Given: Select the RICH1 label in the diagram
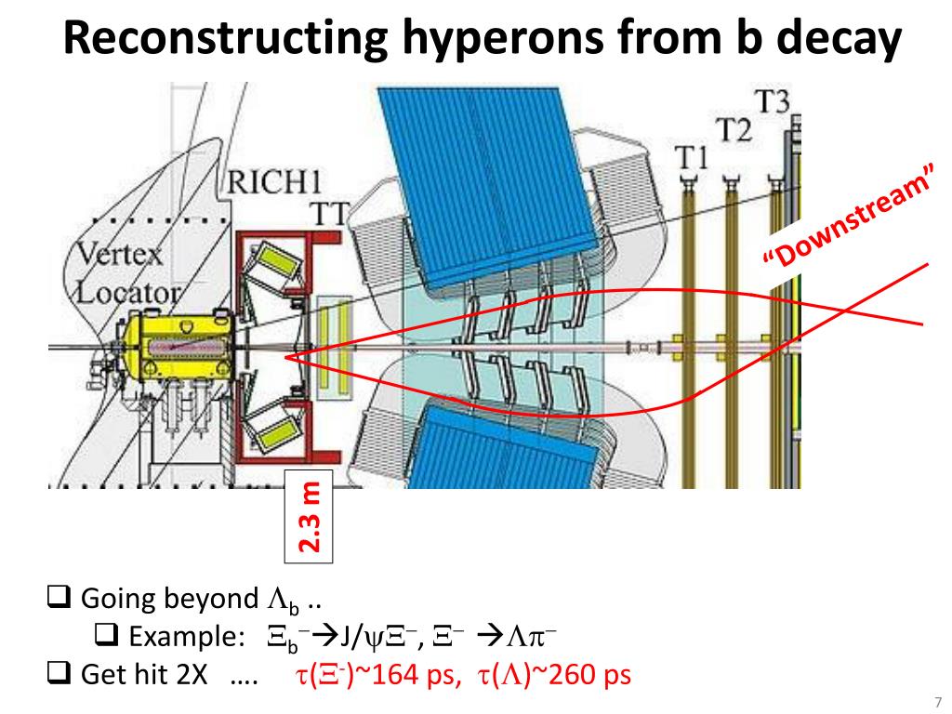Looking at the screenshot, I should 269,182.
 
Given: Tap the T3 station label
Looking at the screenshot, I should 772,102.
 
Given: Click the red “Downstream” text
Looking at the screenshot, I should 848,226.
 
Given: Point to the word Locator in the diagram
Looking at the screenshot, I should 126,293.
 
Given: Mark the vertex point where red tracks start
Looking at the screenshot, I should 285,356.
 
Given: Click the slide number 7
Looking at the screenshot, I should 937,701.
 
